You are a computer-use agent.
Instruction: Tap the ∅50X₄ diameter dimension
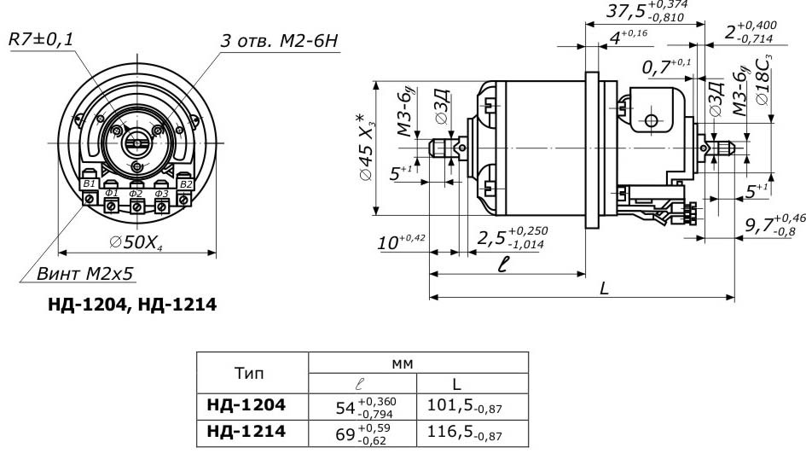(x=136, y=242)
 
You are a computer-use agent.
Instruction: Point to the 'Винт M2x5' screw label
(x=85, y=275)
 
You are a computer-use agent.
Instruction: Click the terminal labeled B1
(x=89, y=183)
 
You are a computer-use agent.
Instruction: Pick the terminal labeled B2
(x=187, y=183)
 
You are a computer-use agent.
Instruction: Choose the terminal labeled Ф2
(x=136, y=194)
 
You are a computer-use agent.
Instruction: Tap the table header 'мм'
(x=402, y=363)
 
